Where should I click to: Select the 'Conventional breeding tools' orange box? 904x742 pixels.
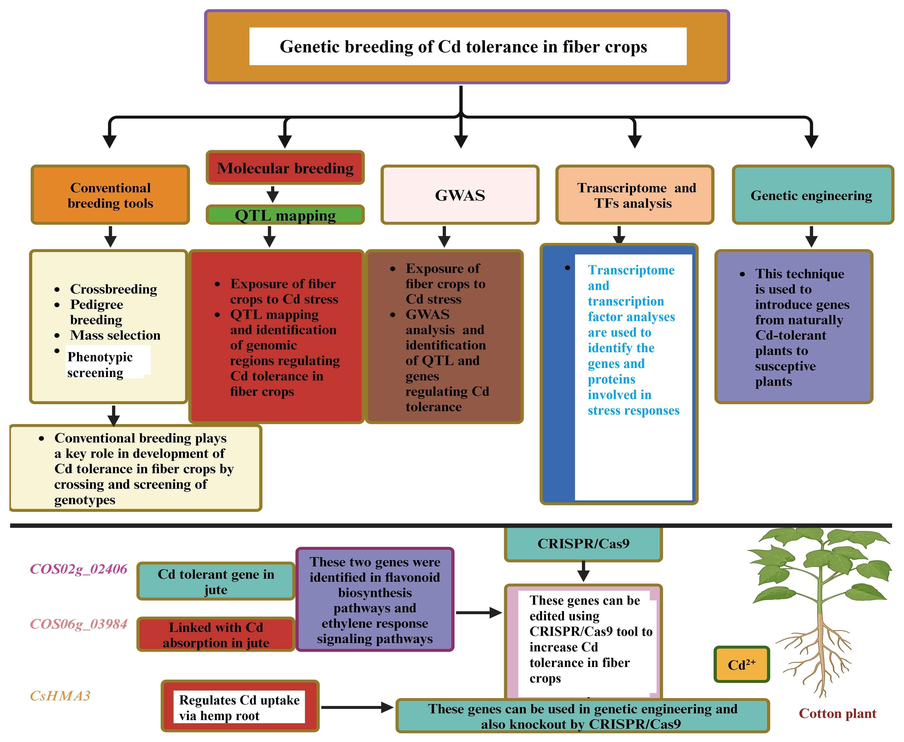pyautogui.click(x=110, y=195)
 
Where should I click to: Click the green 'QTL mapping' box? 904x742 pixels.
pyautogui.click(x=285, y=215)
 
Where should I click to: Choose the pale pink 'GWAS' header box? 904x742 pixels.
pyautogui.click(x=460, y=195)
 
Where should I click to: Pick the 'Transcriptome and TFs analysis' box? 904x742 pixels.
pyautogui.click(x=634, y=195)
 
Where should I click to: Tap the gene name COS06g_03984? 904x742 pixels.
pyautogui.click(x=79, y=624)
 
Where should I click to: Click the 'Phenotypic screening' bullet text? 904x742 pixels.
pyautogui.click(x=100, y=364)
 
